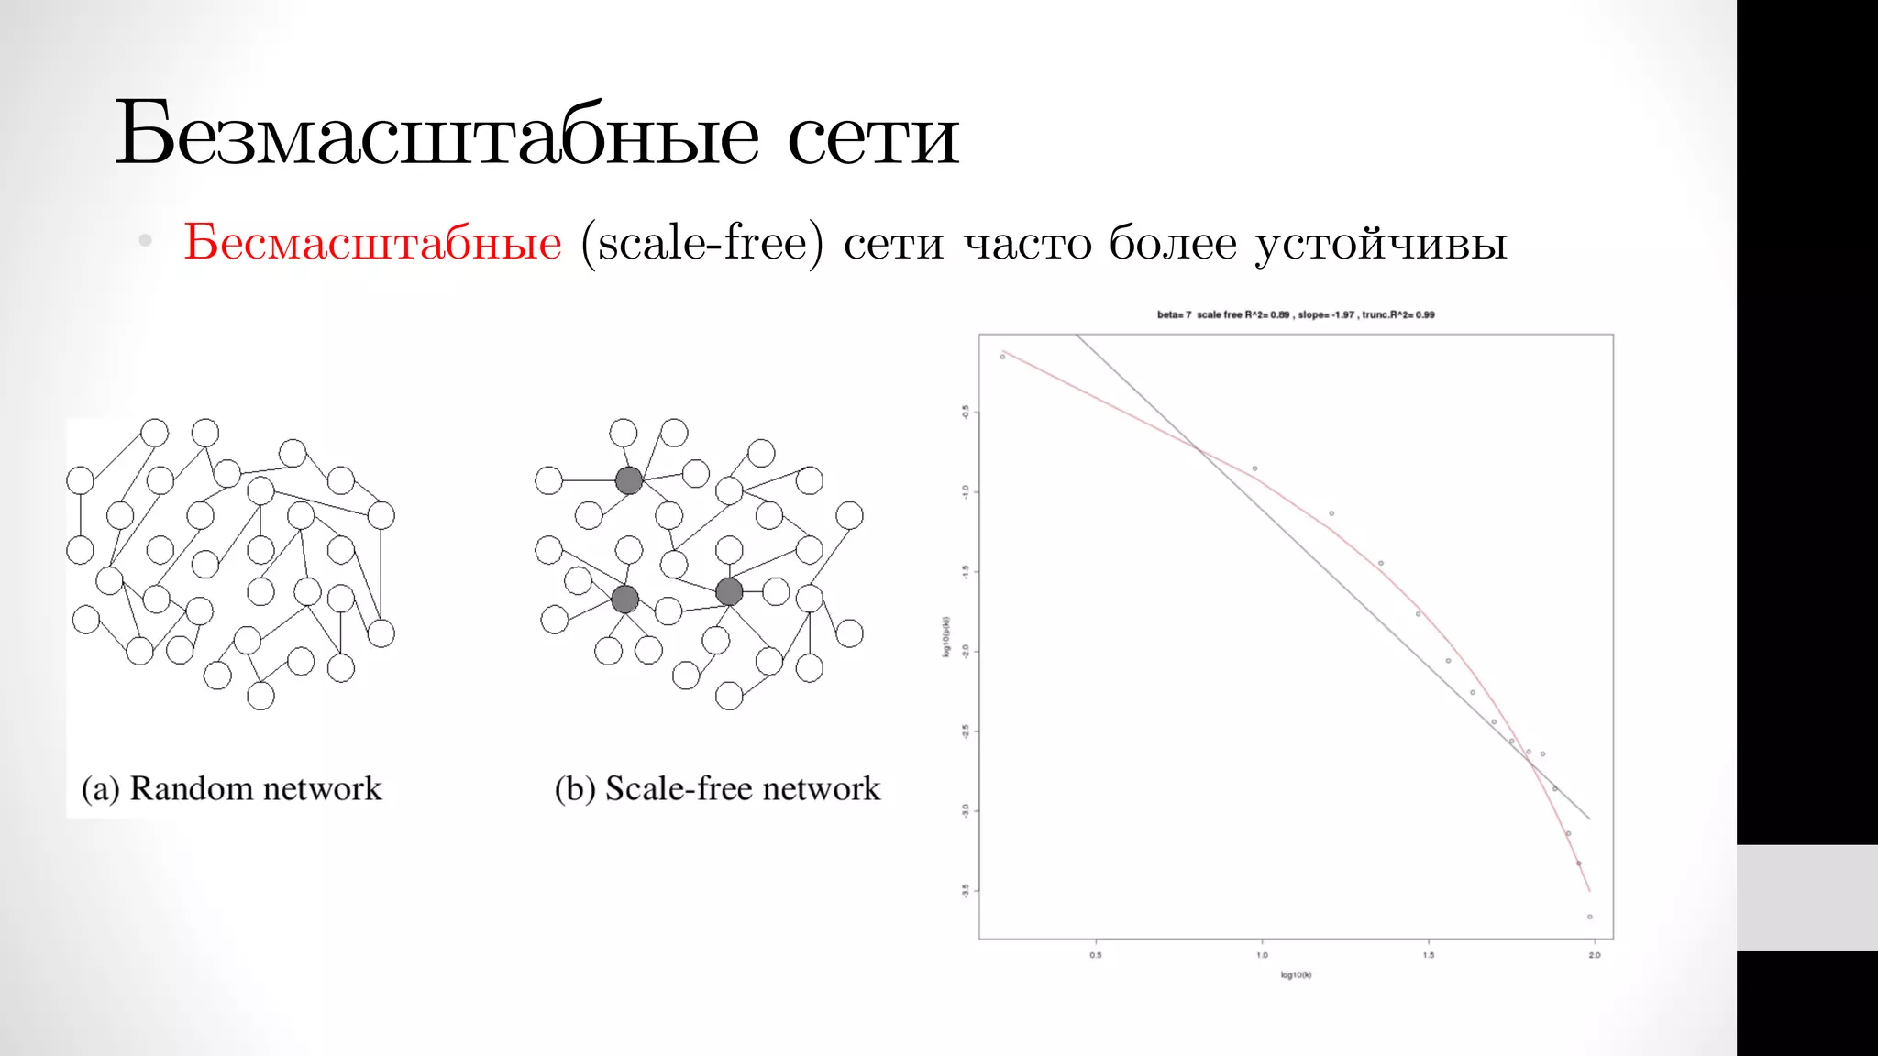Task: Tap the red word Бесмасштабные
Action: point(372,243)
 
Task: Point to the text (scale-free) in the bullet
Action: point(702,243)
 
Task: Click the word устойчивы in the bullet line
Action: point(1381,244)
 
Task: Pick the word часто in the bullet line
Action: point(1026,244)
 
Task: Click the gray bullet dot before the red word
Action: point(145,241)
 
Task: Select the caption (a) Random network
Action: point(231,788)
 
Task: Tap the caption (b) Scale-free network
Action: point(717,788)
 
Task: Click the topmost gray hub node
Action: point(629,480)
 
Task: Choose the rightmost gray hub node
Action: point(729,591)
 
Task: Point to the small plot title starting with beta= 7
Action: point(1296,314)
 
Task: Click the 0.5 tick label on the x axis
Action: point(1096,955)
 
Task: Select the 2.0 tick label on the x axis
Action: point(1595,955)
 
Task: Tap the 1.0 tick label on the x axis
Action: point(1262,955)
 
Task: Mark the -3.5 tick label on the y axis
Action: point(965,890)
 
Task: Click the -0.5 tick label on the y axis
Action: point(965,412)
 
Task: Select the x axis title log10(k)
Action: point(1296,975)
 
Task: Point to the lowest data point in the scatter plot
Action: point(1590,917)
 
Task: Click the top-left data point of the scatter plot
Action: point(1002,357)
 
